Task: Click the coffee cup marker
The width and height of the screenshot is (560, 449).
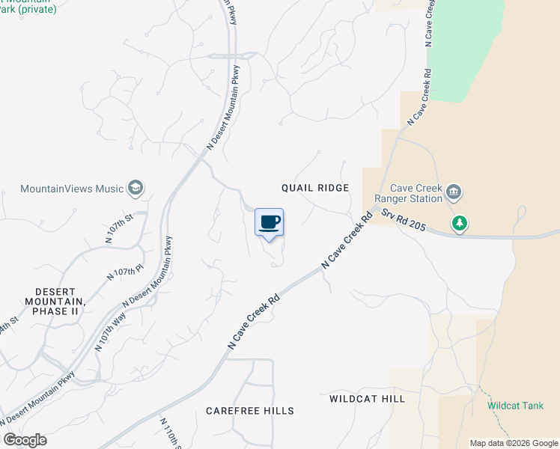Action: (270, 222)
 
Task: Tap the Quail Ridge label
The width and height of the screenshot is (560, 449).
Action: (315, 188)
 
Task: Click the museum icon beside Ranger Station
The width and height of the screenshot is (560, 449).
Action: (453, 193)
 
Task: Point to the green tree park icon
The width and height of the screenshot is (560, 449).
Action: (459, 223)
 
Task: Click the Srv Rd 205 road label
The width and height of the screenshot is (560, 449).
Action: (403, 221)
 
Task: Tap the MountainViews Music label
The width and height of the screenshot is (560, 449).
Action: (72, 189)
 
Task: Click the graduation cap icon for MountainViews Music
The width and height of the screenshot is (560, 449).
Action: (136, 187)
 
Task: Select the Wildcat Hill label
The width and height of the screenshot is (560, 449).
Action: (367, 399)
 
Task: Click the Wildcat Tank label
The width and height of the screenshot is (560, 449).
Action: (515, 406)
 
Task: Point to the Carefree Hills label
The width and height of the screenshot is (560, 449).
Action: (250, 411)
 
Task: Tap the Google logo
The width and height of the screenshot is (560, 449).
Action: (25, 440)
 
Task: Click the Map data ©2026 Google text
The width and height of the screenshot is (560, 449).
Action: (514, 443)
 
